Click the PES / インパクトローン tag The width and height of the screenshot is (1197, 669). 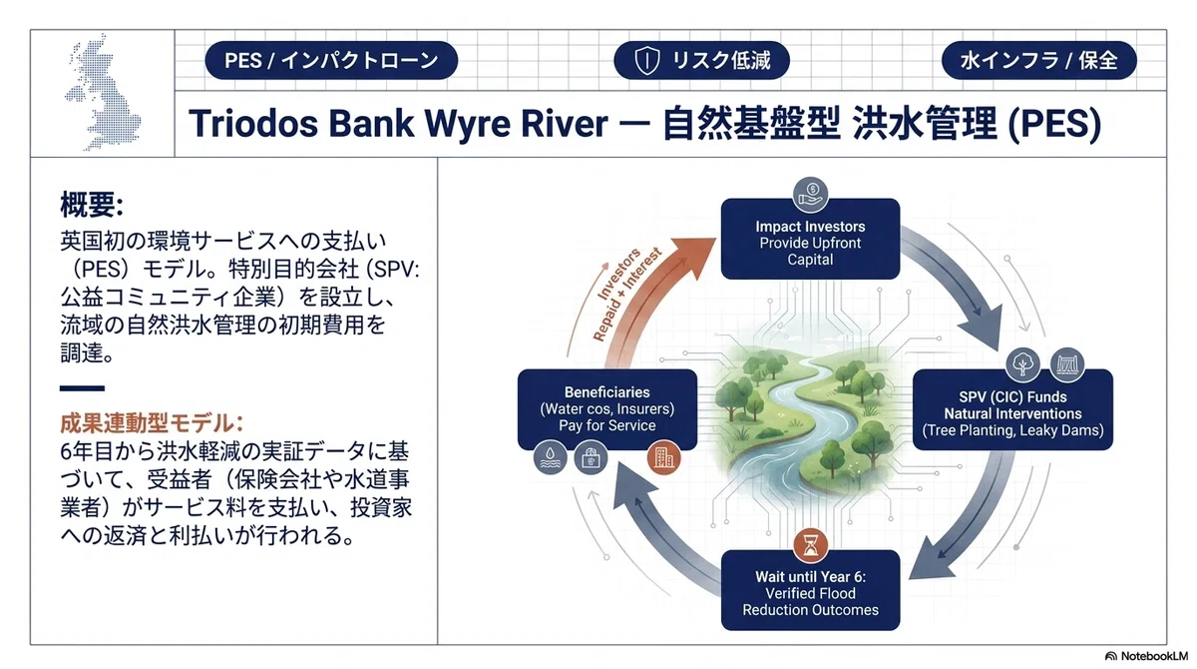[331, 61]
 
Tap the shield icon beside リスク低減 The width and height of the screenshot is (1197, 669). [646, 61]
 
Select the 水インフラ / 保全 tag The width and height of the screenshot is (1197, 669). [1038, 61]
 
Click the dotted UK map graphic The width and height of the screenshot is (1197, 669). [103, 92]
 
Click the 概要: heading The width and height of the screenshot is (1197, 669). [92, 205]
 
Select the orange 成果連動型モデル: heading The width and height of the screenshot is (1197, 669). [152, 423]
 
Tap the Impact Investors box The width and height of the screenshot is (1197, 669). [810, 239]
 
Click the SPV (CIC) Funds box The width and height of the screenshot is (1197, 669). [1012, 410]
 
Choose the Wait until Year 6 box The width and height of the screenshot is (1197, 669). [810, 590]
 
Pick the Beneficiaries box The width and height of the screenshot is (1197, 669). [607, 409]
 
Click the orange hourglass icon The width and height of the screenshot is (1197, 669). [810, 545]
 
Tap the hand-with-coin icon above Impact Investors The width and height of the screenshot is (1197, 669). [810, 195]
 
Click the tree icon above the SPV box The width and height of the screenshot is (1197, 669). [1022, 364]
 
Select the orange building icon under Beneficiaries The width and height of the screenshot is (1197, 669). [663, 457]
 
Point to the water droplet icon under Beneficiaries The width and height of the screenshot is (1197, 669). [551, 457]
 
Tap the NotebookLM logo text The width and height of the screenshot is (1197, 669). [1154, 656]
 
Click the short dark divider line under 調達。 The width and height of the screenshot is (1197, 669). [82, 388]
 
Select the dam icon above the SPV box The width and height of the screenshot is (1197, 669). [1067, 364]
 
